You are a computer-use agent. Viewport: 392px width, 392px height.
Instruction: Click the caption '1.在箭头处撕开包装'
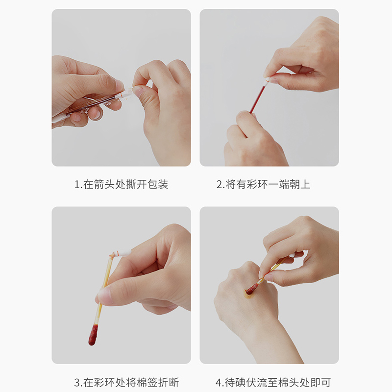point(121,185)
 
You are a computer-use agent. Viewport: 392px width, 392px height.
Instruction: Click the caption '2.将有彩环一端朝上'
point(263,185)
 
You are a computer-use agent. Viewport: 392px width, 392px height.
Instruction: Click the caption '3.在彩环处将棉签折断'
point(121,382)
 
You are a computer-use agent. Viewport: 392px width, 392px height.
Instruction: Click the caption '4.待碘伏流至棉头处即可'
point(269,382)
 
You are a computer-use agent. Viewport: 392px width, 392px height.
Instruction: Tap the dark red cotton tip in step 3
point(93,335)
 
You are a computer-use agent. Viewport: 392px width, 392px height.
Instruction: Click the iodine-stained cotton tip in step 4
point(251,290)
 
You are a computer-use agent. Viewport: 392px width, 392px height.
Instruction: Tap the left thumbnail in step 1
point(120,85)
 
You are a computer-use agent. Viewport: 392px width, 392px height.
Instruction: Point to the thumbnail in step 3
point(104,295)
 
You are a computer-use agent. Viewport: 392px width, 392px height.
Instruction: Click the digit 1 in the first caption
point(77,185)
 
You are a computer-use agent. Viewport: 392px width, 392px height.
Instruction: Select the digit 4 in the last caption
point(218,382)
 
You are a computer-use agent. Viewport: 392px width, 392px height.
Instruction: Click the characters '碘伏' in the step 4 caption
point(247,382)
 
